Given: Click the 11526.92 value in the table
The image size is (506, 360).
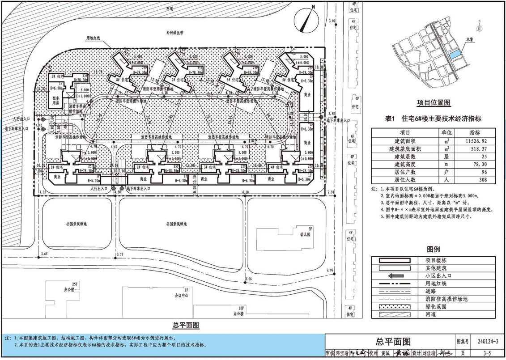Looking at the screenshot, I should click(474, 140).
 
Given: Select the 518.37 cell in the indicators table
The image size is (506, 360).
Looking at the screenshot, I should click(474, 148).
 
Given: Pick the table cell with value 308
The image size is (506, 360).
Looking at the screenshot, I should click(474, 180).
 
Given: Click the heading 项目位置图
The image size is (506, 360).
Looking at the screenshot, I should click(434, 102).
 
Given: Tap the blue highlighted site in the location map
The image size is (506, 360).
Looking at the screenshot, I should click(454, 55).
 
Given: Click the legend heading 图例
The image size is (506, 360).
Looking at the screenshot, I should click(434, 249).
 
